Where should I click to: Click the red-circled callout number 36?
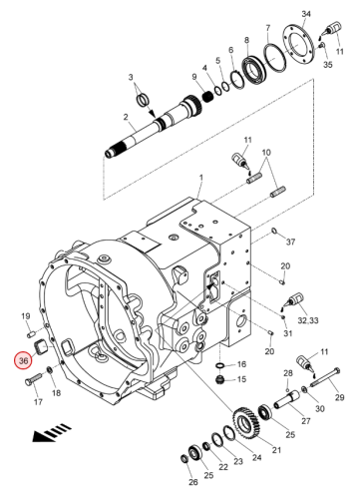click(23, 360)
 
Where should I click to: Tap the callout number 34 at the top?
click(306, 14)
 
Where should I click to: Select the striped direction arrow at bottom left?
click(52, 432)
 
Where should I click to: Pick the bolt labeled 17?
click(33, 379)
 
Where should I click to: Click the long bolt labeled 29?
click(326, 378)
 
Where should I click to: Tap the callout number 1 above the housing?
click(201, 178)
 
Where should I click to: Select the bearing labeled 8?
click(255, 70)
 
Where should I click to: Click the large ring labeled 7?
click(275, 57)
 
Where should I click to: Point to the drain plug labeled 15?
click(220, 379)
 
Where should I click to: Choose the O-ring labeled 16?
click(220, 366)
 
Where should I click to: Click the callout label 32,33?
click(308, 320)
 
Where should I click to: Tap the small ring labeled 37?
click(274, 231)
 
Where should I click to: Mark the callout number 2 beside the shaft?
click(126, 117)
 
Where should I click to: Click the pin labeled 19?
click(31, 332)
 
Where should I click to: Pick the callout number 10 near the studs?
click(266, 153)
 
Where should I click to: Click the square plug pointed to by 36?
click(41, 347)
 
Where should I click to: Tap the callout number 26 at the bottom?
click(193, 482)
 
